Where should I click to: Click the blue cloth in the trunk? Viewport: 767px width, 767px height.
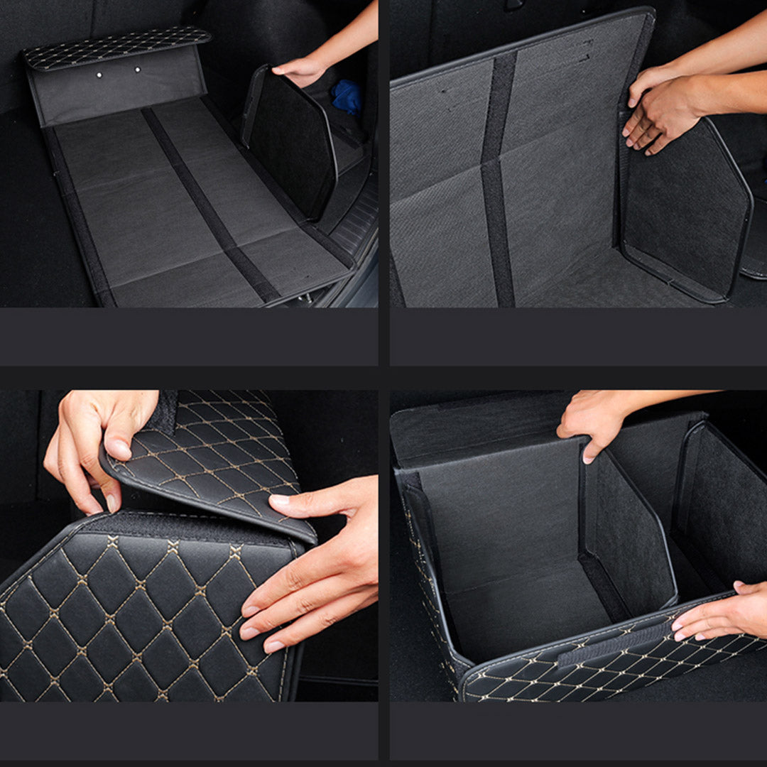coord(347,97)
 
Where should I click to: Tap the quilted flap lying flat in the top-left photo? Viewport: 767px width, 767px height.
coord(117,47)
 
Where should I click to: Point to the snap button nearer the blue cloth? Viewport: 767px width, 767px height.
coord(138,70)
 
